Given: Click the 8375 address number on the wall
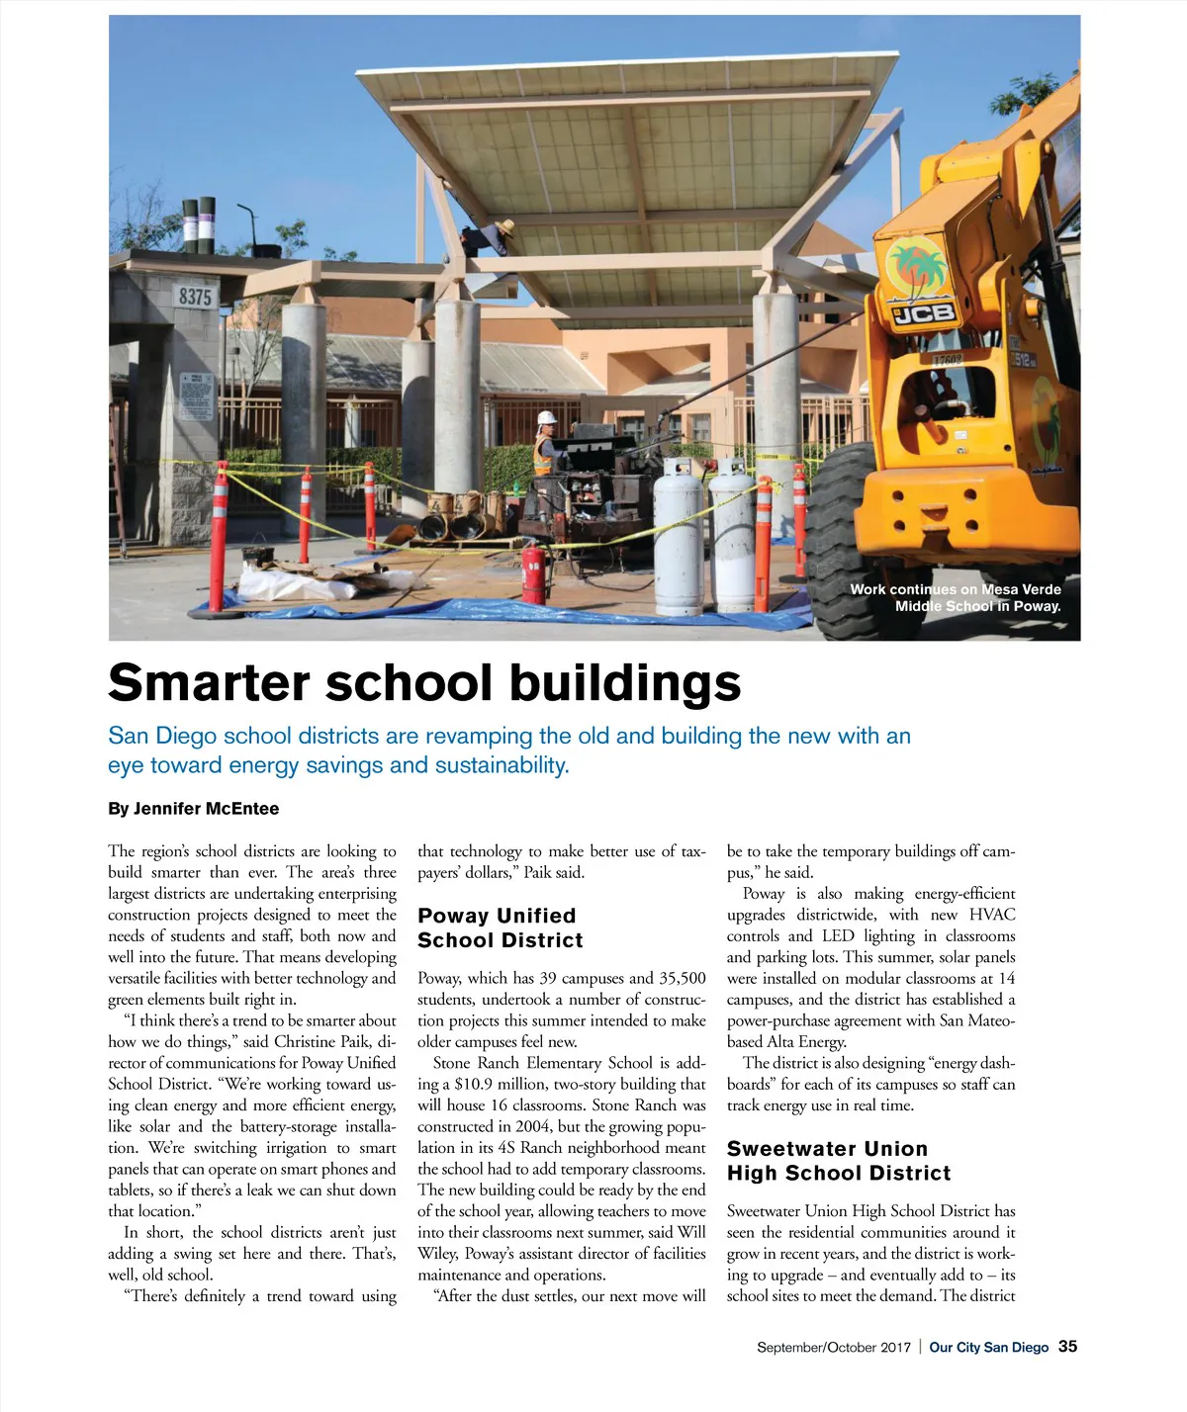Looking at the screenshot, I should click(195, 296).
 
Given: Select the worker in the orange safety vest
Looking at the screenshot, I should click(544, 445).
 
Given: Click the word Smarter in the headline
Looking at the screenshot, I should click(210, 682).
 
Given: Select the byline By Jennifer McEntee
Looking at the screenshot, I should click(194, 809).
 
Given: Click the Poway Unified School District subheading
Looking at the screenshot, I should click(500, 927).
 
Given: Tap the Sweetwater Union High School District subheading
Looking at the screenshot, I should click(839, 1161).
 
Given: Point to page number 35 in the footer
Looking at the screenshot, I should click(1067, 1347).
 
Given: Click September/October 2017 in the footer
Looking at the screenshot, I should click(833, 1348).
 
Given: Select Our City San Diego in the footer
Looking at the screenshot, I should click(988, 1348).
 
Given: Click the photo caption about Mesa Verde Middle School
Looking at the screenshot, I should click(956, 597).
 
